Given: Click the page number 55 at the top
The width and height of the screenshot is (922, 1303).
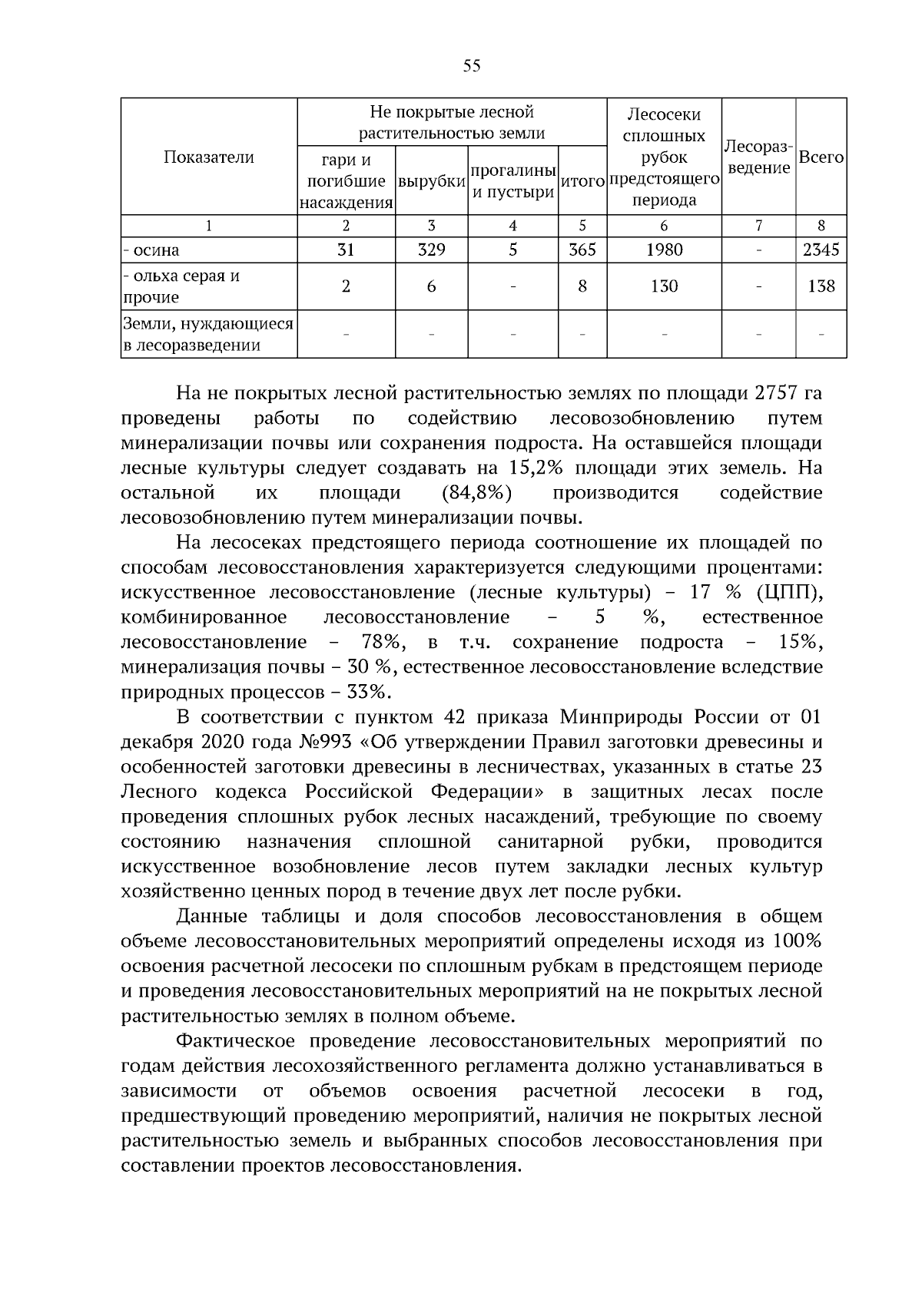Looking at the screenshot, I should [x=472, y=66].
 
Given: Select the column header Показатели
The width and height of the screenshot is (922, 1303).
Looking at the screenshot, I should [x=208, y=157].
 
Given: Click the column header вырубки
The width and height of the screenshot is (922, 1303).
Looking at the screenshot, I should [x=432, y=182].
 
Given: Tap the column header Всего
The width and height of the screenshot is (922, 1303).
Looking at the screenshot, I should [x=821, y=157].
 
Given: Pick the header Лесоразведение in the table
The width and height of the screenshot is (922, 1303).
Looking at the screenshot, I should [x=758, y=157].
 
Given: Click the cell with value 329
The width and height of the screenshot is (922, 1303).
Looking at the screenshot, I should [x=431, y=250].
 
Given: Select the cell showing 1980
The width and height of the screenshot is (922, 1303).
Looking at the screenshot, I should [x=664, y=250].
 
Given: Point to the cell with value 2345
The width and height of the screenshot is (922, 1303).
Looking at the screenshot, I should [x=821, y=250].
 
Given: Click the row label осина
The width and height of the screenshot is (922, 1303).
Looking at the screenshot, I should [x=154, y=250].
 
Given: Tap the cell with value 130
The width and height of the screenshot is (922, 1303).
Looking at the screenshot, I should [x=664, y=286].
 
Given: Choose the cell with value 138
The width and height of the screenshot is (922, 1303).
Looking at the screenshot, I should [x=821, y=286].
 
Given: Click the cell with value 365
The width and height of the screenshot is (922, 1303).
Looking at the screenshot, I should [x=582, y=250].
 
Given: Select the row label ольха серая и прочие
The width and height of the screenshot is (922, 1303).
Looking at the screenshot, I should [x=181, y=286].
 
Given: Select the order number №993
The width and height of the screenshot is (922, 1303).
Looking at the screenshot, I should [x=323, y=742].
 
